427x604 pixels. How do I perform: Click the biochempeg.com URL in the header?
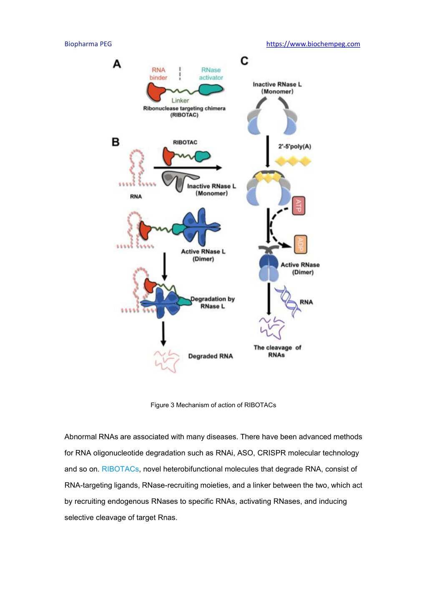click(313, 44)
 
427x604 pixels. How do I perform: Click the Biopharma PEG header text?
click(88, 44)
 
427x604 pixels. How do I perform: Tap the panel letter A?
click(117, 64)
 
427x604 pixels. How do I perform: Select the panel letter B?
click(116, 142)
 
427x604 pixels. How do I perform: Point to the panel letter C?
click(244, 61)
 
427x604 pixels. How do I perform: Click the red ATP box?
click(299, 206)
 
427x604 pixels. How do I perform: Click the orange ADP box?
click(301, 244)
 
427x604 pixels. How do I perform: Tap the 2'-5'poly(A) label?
click(295, 147)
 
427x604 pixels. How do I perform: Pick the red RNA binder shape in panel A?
click(156, 92)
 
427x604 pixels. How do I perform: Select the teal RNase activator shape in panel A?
click(211, 90)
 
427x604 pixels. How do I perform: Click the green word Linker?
click(180, 101)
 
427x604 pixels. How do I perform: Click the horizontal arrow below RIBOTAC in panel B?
click(188, 168)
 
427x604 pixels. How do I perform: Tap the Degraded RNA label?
click(211, 356)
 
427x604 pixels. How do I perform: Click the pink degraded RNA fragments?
click(167, 361)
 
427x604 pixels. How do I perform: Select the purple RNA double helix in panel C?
click(288, 302)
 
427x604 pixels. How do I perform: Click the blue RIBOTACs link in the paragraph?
click(120, 469)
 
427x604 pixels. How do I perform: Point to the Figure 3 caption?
click(213, 405)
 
